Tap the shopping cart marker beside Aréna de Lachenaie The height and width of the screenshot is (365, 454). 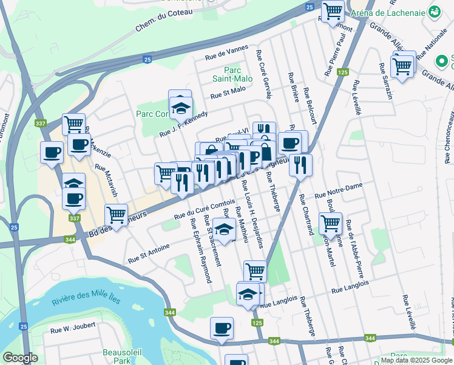click(333, 11)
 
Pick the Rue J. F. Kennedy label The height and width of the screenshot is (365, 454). click(183, 125)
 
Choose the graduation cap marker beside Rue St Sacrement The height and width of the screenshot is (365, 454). click(224, 229)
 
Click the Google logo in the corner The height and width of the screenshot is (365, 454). click(20, 358)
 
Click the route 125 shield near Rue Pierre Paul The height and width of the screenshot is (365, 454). click(343, 72)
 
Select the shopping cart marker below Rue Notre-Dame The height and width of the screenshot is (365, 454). click(331, 224)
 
